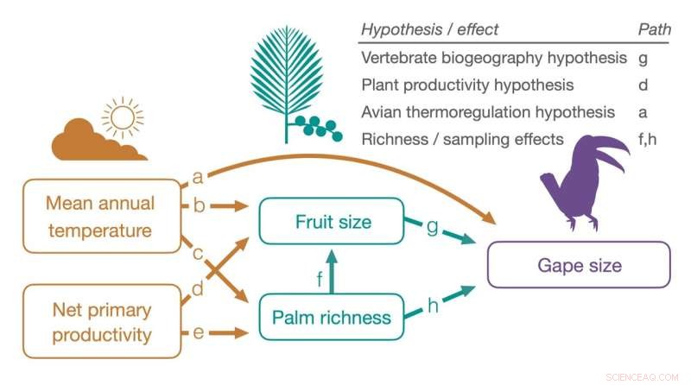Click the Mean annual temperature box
(x=101, y=217)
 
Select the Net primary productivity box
(x=101, y=321)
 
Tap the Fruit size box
(x=332, y=222)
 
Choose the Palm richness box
(x=332, y=317)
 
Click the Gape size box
(x=579, y=264)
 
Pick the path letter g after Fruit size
(x=432, y=225)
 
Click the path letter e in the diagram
(x=198, y=331)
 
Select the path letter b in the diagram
(x=198, y=207)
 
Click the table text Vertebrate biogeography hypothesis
(x=494, y=59)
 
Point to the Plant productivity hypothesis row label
(x=467, y=85)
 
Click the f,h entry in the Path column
(x=649, y=139)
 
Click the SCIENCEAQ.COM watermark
(x=647, y=376)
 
